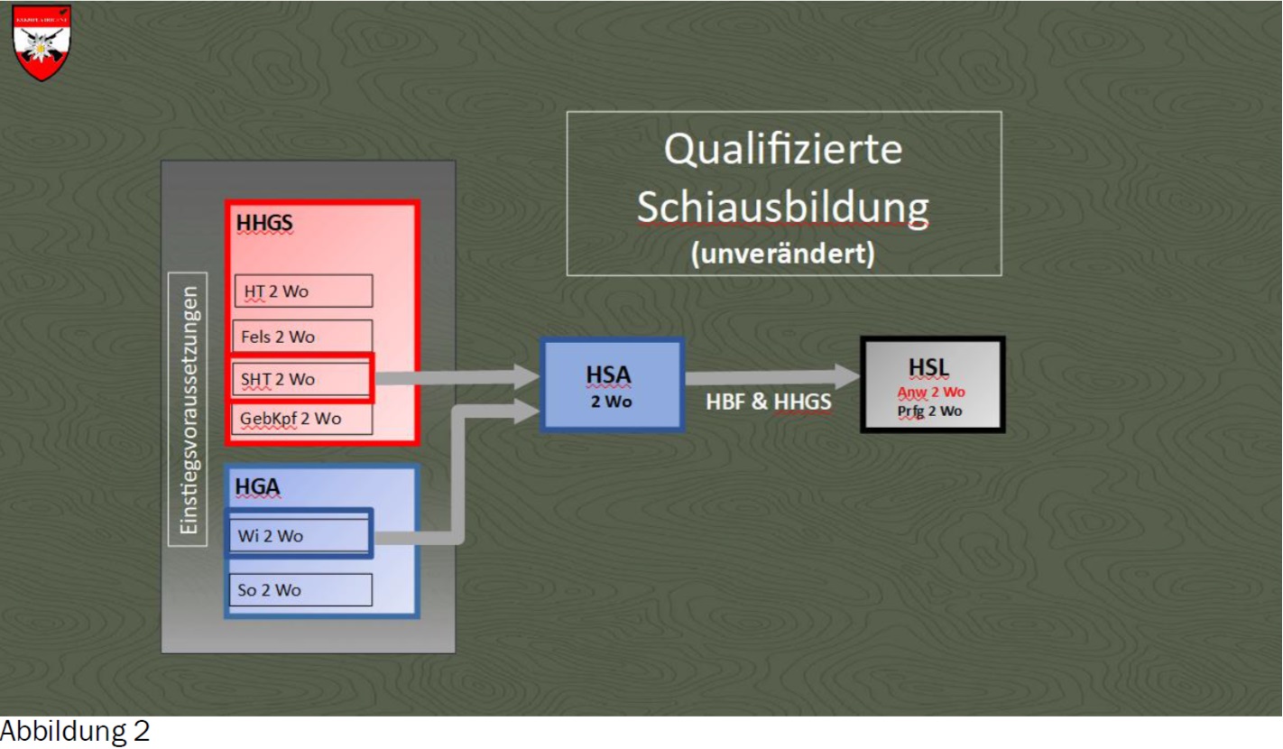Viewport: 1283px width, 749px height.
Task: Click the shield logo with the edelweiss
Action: coord(42,42)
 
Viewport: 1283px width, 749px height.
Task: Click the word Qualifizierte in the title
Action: coord(783,149)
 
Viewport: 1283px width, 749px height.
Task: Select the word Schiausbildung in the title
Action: coord(783,207)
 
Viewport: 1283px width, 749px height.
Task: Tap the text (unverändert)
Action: coord(783,253)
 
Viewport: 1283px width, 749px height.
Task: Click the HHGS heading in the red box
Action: coord(264,222)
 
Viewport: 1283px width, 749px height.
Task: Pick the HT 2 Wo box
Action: coord(303,291)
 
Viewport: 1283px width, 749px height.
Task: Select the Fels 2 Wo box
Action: coord(302,337)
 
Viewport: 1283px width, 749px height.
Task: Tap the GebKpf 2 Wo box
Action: coord(302,419)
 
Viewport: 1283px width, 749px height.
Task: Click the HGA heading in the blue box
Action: coord(258,487)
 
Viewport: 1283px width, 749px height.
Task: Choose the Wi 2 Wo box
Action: coord(299,534)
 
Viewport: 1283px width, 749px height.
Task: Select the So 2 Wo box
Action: coord(300,589)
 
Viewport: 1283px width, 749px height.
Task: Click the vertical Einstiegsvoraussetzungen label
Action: coord(188,409)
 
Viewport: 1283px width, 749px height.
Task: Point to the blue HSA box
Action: coord(612,384)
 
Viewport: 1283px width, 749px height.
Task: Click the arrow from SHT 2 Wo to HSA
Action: coord(457,377)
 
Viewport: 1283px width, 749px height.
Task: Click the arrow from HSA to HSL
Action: coord(772,376)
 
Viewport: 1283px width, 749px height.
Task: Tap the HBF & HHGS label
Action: coord(768,402)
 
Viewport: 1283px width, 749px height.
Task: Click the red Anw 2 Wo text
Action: coord(931,392)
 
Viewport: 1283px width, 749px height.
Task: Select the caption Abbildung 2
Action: coord(75,731)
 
